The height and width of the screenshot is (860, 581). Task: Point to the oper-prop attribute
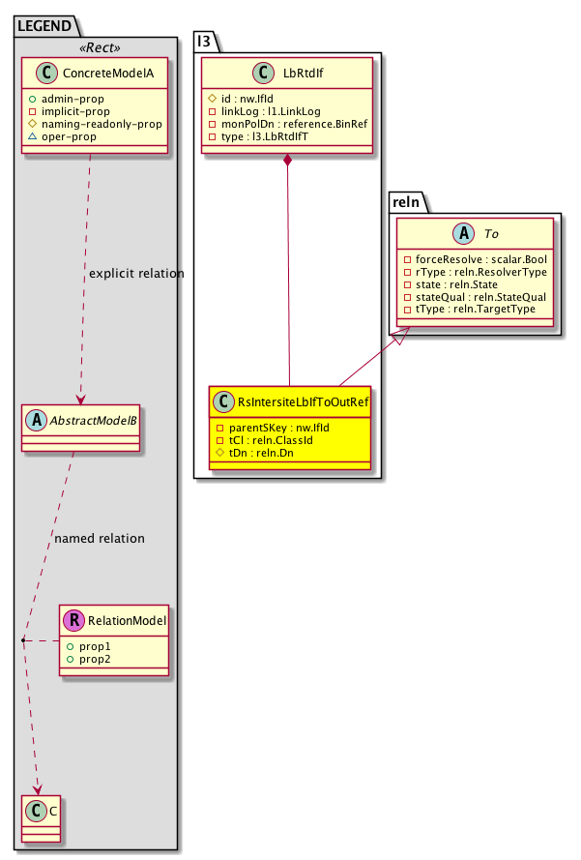(x=76, y=138)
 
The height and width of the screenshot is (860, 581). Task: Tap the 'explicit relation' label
(x=135, y=274)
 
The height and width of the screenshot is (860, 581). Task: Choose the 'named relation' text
(x=100, y=538)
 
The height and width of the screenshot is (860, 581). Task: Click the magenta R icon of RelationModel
(x=73, y=621)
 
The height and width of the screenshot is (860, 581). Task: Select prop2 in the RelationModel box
(x=96, y=659)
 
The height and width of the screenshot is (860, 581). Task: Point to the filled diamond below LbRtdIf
(x=288, y=159)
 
